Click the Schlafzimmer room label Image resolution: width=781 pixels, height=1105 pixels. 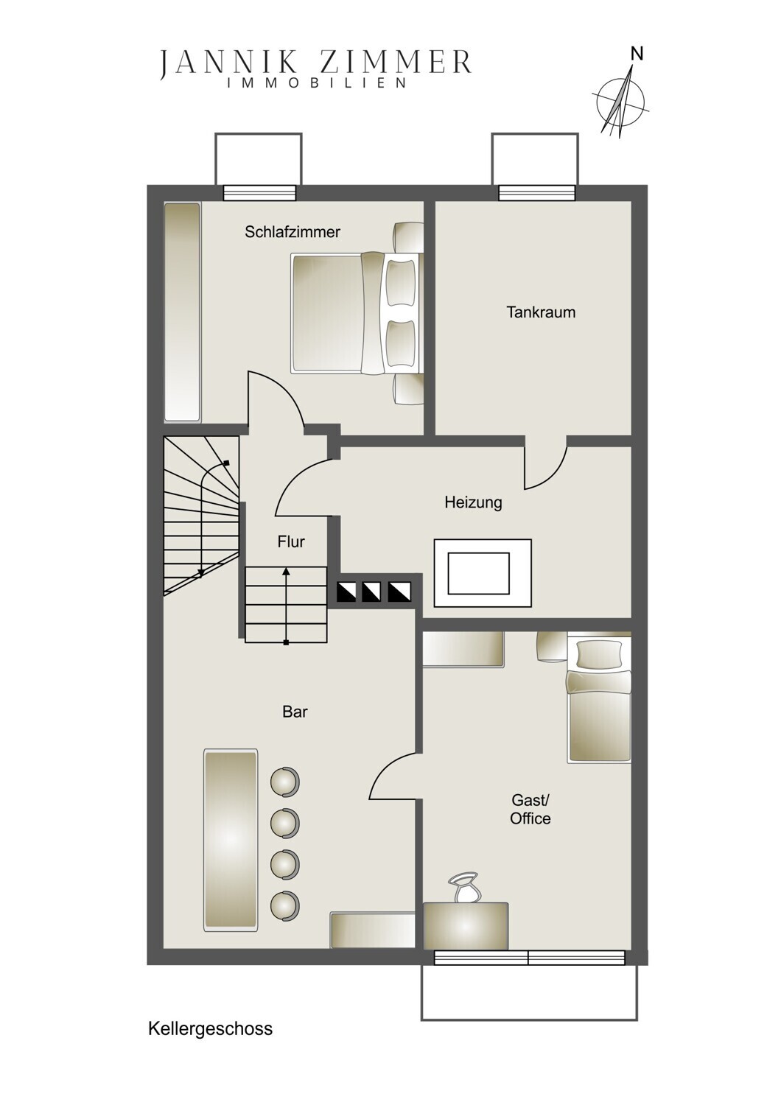click(x=293, y=232)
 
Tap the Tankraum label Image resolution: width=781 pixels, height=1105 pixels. click(x=541, y=312)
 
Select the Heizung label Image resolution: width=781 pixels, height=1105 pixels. click(x=473, y=503)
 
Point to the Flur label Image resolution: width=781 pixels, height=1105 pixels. click(x=291, y=541)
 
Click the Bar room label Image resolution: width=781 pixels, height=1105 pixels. click(x=295, y=712)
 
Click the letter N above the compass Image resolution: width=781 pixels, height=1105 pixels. click(x=637, y=55)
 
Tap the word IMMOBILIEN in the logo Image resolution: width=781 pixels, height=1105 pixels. click(x=316, y=83)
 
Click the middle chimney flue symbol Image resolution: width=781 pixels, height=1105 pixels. click(x=374, y=592)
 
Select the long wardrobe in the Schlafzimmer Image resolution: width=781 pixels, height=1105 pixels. click(x=182, y=312)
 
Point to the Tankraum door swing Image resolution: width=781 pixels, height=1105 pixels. click(x=545, y=463)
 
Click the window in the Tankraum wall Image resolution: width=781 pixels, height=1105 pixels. click(x=537, y=192)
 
